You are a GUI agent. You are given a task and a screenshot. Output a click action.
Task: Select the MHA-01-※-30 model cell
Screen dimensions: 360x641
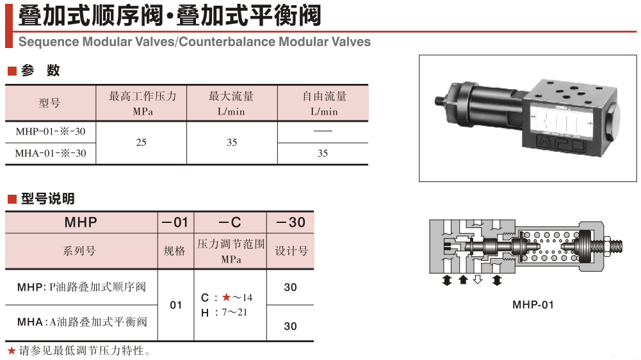(51, 153)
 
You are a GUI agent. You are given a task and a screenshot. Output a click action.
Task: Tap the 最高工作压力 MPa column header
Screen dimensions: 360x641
(141, 103)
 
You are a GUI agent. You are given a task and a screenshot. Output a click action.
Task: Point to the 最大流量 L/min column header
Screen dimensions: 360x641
(231, 103)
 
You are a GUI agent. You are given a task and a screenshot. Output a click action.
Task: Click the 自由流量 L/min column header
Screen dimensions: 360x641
(323, 103)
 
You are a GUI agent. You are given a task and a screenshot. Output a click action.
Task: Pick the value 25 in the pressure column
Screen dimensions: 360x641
(141, 142)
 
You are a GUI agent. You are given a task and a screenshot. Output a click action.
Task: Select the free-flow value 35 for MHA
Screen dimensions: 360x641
(323, 153)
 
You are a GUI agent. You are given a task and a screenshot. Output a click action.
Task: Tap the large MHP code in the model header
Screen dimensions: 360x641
(81, 223)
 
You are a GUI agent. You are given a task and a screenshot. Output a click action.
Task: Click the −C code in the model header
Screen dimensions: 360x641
(230, 223)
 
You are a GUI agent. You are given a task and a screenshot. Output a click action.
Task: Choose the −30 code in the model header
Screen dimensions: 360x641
(290, 223)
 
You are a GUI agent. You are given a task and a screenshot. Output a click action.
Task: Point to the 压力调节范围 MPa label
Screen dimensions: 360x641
(231, 251)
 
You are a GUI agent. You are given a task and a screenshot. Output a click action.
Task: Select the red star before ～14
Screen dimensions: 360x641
(226, 297)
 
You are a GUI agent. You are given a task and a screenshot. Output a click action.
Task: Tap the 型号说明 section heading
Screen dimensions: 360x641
(47, 199)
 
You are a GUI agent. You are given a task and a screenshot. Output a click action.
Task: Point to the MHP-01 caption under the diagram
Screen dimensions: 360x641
(533, 305)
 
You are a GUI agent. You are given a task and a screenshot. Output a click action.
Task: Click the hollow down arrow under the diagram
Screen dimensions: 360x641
(478, 281)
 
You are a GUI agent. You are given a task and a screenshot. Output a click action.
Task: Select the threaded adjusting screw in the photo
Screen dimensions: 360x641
(439, 100)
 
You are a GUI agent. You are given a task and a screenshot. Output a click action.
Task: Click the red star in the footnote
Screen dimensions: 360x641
(11, 350)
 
